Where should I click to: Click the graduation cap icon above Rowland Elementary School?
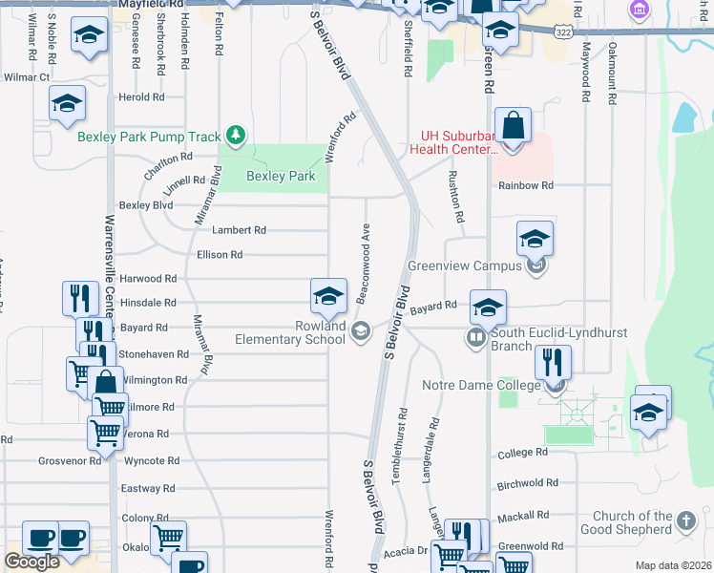click(328, 296)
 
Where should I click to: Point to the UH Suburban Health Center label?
click(453, 142)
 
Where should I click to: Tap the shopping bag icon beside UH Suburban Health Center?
click(513, 126)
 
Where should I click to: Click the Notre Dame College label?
click(480, 386)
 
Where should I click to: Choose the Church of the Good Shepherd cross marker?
click(685, 521)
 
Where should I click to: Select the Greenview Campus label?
click(465, 265)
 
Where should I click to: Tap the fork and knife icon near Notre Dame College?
click(553, 363)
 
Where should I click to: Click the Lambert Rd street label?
click(239, 230)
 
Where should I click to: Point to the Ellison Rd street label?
click(219, 255)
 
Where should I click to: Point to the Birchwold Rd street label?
click(525, 483)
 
